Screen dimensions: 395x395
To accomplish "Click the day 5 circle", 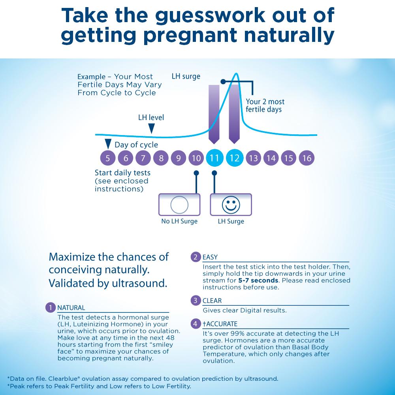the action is (x=108, y=158).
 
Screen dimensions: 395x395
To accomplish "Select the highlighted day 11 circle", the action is (x=214, y=158).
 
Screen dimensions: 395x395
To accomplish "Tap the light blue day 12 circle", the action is (x=234, y=158).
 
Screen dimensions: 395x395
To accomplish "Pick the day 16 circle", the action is (x=307, y=158).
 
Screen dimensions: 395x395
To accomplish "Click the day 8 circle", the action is (x=161, y=158).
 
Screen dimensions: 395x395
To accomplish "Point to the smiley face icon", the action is (x=231, y=205).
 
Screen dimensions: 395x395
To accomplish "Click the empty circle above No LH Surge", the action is (x=179, y=205).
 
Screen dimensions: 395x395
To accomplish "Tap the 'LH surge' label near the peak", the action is (x=186, y=76).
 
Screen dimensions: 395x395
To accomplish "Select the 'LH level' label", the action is (x=151, y=117).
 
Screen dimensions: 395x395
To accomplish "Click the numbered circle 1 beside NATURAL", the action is (x=50, y=307).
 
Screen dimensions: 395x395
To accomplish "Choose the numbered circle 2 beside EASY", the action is (x=195, y=257).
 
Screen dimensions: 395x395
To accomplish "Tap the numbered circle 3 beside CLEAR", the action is (x=195, y=301).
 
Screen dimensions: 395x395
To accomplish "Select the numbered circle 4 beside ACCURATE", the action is (x=195, y=324).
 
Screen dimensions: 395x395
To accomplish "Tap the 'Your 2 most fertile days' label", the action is (x=264, y=105).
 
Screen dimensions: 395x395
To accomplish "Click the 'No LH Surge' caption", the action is (x=179, y=221).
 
